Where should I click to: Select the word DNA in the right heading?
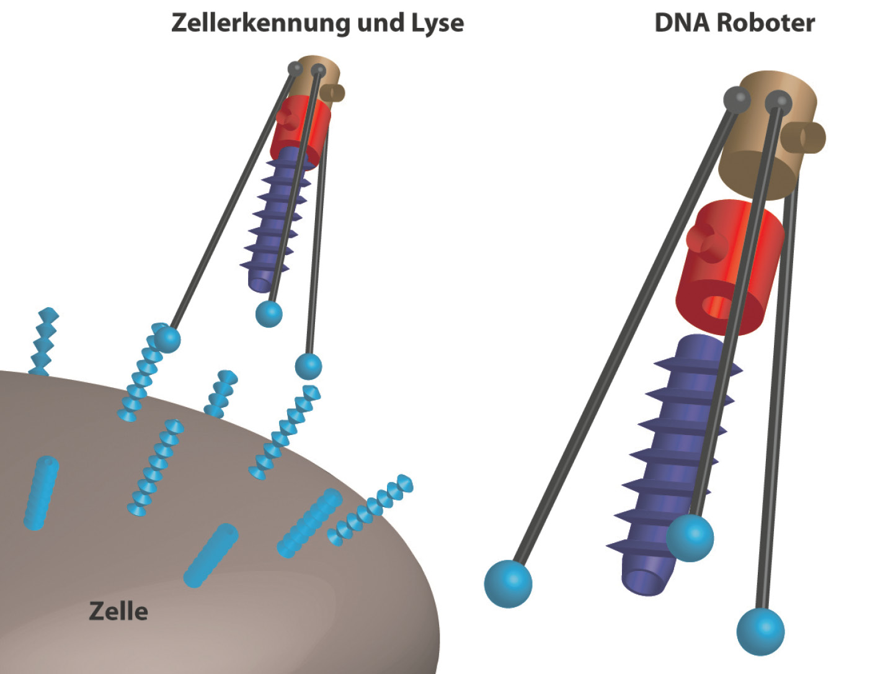pos(682,23)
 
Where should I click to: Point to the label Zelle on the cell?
pos(118,611)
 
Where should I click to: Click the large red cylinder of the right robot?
pos(730,267)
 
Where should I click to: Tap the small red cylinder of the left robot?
pos(300,133)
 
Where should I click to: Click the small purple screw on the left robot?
pos(275,220)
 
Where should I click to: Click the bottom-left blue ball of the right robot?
pos(508,584)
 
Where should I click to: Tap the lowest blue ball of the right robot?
pos(760,632)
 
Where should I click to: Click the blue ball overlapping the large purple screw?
pos(690,538)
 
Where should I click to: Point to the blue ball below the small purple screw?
pos(269,314)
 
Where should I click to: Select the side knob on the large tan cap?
pos(804,138)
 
